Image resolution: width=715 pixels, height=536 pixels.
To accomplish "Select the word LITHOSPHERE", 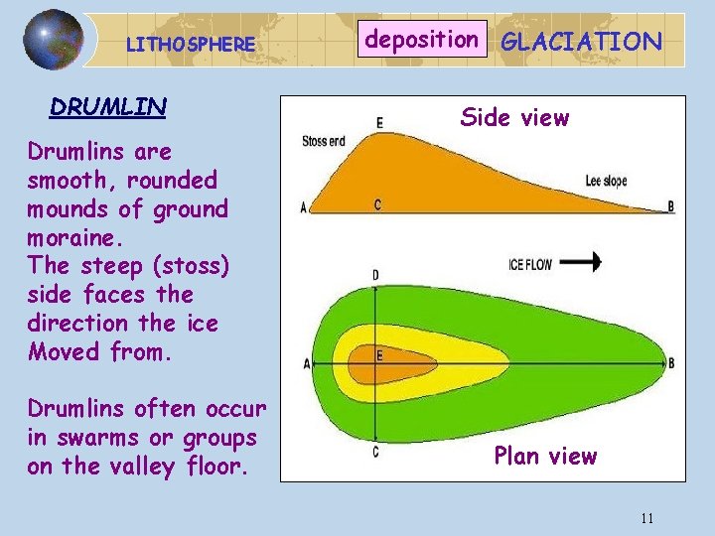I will point(191,45).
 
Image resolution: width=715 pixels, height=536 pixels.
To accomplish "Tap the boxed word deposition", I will point(422,40).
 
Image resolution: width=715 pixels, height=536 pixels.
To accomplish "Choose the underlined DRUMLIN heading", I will point(108,106).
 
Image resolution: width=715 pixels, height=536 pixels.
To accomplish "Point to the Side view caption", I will point(513,118).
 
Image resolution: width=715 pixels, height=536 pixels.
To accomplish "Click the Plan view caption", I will point(545,457).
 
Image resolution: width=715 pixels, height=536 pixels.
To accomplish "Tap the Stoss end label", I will point(324,141).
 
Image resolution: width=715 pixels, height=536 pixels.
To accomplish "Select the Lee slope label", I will point(606,182).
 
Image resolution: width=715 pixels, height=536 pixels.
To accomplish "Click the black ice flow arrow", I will point(587,262).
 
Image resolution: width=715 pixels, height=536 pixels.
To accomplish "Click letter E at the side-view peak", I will point(379,123).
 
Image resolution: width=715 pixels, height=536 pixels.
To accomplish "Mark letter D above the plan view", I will point(374,274).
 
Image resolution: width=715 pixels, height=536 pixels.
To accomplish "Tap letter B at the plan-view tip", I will point(671,364).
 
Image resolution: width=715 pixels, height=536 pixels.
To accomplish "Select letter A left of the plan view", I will point(305,364).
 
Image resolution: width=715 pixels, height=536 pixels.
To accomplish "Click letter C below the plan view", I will point(374,453).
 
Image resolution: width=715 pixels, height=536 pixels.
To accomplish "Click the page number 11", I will point(647,518).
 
